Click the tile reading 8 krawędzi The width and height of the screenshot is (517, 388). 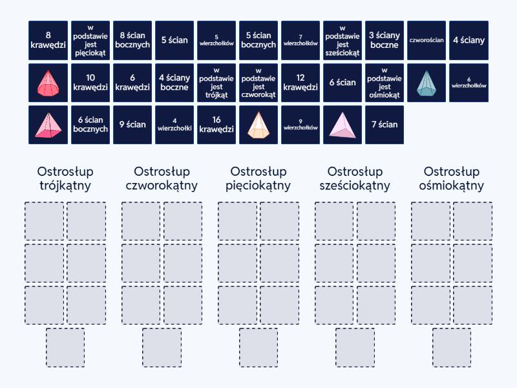coord(48,40)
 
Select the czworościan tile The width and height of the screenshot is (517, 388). coord(427,40)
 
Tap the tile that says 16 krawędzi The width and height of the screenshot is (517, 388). coord(216,125)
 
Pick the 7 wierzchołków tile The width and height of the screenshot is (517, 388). coord(301,40)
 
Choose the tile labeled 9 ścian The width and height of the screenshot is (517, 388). coord(132,125)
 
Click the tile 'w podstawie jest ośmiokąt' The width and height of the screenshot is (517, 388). coord(385,82)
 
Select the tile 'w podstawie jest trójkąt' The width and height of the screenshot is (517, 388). coord(216,82)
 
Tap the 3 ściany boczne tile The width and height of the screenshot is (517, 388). coord(385,40)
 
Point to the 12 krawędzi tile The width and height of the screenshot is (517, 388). coord(301,82)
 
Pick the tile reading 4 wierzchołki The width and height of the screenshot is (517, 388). coord(174,125)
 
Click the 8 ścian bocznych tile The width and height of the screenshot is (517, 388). coord(132,40)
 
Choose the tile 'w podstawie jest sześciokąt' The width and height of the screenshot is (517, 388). coord(343,40)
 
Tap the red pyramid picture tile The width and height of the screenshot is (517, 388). coord(48,82)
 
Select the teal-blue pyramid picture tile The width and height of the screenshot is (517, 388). coord(427,82)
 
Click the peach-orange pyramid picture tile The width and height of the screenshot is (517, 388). coord(258,125)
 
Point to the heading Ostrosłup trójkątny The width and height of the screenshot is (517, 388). coord(64,178)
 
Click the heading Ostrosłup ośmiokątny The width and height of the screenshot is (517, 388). coord(452,178)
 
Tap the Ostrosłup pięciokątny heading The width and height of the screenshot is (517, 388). coord(258,178)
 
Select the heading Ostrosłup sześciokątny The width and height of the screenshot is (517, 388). coord(355,178)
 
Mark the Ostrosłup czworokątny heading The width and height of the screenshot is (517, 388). coord(162,178)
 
